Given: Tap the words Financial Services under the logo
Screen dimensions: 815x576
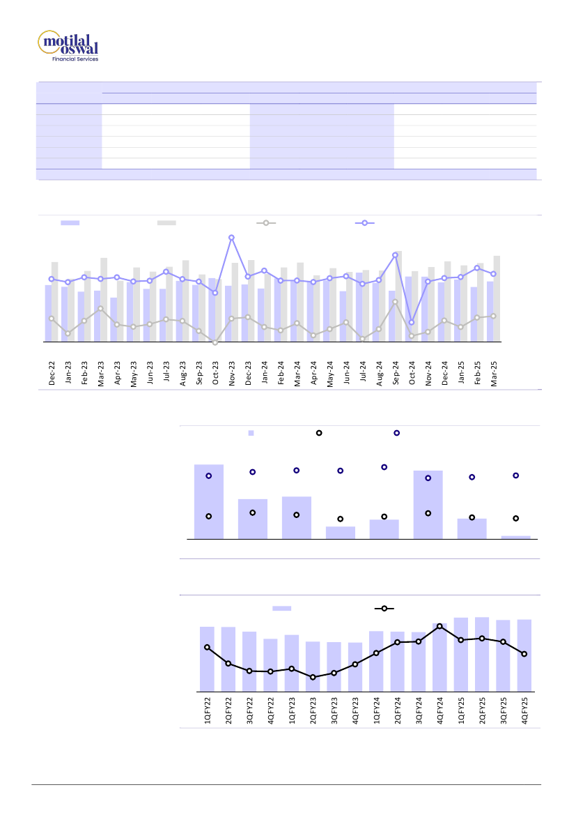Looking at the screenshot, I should point(75,59).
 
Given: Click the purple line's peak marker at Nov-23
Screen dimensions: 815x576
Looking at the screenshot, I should point(231,238).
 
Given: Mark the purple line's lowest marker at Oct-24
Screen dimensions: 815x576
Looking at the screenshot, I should point(412,323).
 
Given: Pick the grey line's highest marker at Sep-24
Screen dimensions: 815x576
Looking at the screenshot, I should point(395,302).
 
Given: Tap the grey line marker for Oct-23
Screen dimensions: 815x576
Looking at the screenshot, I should point(215,343).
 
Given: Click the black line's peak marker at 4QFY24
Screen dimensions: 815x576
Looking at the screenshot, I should point(439,626).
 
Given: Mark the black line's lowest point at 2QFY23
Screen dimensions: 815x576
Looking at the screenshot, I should point(313,677).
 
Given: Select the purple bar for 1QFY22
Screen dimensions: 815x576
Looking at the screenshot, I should point(207,658).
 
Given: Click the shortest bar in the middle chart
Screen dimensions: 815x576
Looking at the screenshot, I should point(515,537).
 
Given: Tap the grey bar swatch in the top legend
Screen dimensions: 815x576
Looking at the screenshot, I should point(166,223).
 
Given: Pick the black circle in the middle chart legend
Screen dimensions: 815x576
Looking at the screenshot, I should point(319,433).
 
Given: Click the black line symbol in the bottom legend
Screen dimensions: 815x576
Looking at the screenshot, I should point(384,609).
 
